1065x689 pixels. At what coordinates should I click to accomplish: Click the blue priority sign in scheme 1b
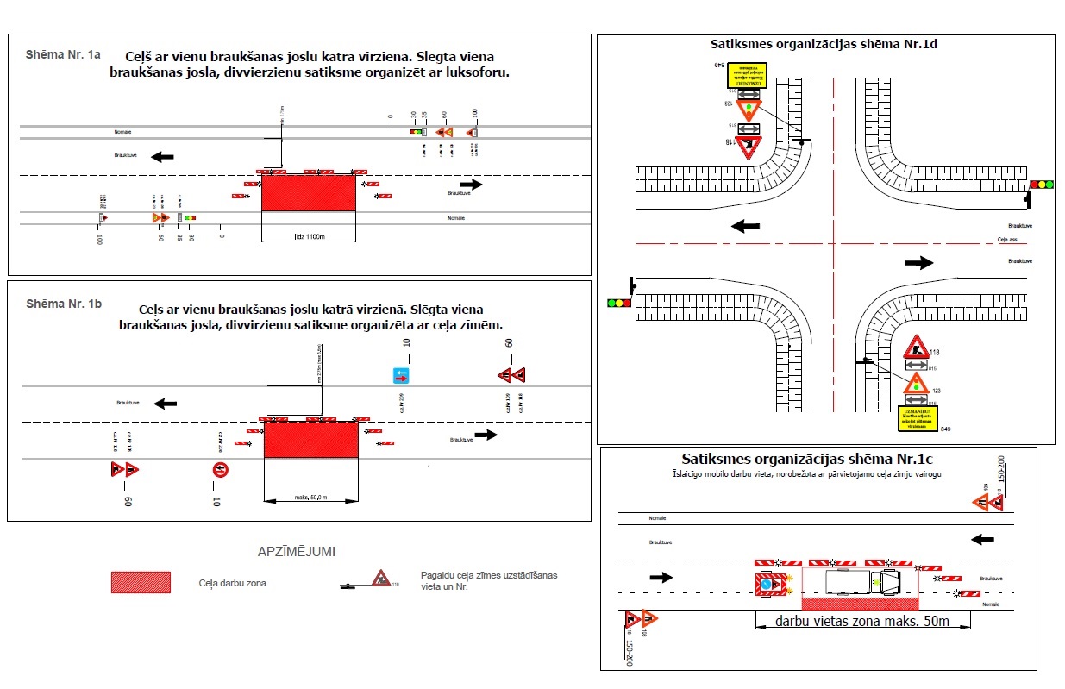(x=402, y=375)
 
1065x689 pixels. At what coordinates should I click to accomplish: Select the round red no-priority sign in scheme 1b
(x=221, y=470)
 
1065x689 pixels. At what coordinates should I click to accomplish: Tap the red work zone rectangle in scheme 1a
(x=308, y=192)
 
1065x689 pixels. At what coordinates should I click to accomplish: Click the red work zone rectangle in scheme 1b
(x=310, y=440)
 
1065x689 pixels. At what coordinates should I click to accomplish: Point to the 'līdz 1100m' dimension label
(x=308, y=236)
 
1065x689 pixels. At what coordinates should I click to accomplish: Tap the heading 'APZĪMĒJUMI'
(x=296, y=551)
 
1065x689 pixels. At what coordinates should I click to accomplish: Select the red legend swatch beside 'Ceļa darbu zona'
(x=141, y=582)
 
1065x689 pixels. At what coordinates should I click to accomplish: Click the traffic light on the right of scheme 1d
(x=1042, y=185)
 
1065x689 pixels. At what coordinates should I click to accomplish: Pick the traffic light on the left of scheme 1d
(x=619, y=303)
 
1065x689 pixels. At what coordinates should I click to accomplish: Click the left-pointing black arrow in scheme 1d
(x=745, y=226)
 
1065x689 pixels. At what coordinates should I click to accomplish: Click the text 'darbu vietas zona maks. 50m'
(x=862, y=621)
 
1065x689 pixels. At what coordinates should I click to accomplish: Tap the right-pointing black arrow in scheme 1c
(x=661, y=577)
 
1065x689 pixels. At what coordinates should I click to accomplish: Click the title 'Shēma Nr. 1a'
(x=63, y=54)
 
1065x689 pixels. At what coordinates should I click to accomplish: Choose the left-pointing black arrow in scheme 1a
(x=161, y=156)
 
